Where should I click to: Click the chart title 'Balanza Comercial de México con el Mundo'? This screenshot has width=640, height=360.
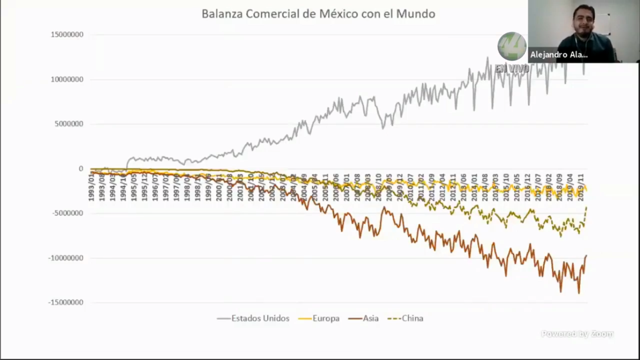coord(318,14)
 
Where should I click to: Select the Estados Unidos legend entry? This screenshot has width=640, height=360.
coord(260,318)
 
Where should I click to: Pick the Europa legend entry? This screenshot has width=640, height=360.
coord(326,318)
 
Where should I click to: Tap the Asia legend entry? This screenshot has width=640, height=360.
coord(370,318)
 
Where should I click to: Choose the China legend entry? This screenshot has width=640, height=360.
coord(412,318)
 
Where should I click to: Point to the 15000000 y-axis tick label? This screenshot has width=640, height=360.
coord(67,35)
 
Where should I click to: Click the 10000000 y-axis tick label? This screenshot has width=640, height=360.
coord(67,80)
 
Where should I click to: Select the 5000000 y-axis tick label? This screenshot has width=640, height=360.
coord(69,124)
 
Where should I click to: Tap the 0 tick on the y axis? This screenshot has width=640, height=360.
coord(81,169)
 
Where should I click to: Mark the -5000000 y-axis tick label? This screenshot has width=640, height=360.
coord(68,213)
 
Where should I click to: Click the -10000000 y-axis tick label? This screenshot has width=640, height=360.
coord(66,258)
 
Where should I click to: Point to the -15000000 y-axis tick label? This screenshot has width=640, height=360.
coord(66,302)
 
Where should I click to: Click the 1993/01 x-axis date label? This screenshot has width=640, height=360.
coord(92,190)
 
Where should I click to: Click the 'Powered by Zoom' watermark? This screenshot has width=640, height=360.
coord(577,334)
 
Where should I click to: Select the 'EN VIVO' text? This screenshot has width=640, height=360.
coord(512,69)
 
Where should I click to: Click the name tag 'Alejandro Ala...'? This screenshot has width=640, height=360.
coord(559,55)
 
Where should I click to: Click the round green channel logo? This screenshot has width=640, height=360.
coord(512,46)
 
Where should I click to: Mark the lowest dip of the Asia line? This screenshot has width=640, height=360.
coord(578,293)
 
